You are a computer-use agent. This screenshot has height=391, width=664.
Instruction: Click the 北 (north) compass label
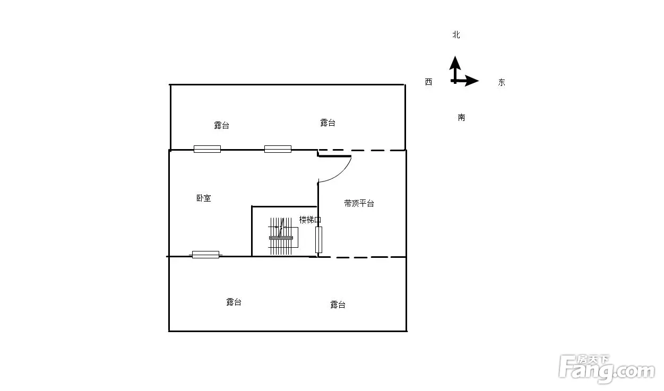click(456, 35)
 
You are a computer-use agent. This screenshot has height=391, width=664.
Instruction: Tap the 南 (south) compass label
click(461, 118)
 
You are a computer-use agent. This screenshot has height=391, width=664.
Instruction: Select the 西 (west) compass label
click(429, 82)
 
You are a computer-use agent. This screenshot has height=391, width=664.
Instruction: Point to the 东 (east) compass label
click(502, 82)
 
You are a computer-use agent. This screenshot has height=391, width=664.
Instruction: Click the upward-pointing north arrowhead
click(455, 63)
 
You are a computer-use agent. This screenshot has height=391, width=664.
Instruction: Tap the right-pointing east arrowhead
click(472, 81)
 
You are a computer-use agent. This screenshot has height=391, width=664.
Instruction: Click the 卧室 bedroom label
click(204, 198)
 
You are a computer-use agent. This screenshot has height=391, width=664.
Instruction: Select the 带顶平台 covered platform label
click(359, 204)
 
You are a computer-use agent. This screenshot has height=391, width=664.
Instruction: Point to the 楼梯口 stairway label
click(310, 220)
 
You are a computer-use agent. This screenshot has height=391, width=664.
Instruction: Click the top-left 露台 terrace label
click(221, 125)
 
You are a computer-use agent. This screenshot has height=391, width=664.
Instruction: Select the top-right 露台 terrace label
click(327, 123)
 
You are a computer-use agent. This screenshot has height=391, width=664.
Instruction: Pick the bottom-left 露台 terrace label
click(234, 302)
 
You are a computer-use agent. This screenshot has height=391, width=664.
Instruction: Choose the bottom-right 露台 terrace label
click(338, 305)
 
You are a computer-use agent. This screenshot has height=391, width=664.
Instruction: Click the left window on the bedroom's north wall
click(207, 149)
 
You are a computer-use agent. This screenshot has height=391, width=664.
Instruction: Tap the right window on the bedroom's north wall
click(278, 149)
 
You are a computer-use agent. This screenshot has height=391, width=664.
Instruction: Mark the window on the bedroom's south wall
click(205, 255)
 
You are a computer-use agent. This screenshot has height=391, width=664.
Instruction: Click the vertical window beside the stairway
click(318, 240)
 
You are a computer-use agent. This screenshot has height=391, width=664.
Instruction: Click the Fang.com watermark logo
click(607, 369)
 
